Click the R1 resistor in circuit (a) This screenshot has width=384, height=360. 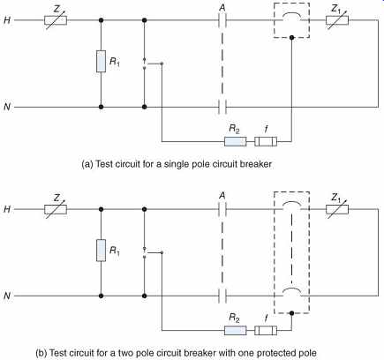point(101,61)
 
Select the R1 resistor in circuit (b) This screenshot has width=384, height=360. point(101,251)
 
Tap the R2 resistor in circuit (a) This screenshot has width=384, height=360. point(236,141)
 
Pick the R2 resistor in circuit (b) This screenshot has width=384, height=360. point(236,330)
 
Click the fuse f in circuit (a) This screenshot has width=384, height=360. point(266,141)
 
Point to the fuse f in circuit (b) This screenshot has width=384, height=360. point(266,330)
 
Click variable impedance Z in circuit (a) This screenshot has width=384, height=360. point(56,20)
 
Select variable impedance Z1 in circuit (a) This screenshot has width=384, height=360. point(337,20)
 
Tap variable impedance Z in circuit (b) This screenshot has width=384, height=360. point(56,209)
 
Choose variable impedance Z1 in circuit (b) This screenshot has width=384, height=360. point(337,209)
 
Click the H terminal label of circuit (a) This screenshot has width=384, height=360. point(7,20)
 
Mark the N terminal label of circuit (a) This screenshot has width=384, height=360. point(7,107)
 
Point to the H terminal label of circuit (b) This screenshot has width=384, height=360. point(7,209)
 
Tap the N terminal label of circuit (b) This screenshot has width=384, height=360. point(7,296)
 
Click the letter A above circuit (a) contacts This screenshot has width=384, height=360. point(222,7)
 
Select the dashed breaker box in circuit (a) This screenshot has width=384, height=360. point(274,20)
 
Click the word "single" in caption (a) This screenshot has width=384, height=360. point(175,164)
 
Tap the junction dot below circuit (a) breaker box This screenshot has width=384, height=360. point(291,38)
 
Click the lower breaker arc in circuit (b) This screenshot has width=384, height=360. point(291,289)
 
